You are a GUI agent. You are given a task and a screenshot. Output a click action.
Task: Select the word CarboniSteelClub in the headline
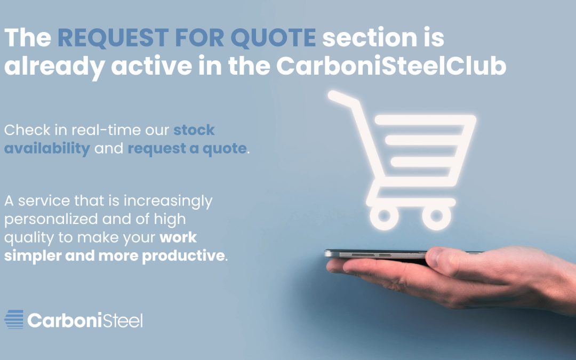point(391,66)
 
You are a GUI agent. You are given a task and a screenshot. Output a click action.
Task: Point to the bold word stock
point(194,130)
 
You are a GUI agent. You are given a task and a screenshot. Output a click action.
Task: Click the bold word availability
point(47,148)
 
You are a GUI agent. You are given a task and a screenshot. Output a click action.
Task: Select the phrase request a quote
point(187,148)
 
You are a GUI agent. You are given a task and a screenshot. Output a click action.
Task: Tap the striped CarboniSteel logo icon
point(14,319)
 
